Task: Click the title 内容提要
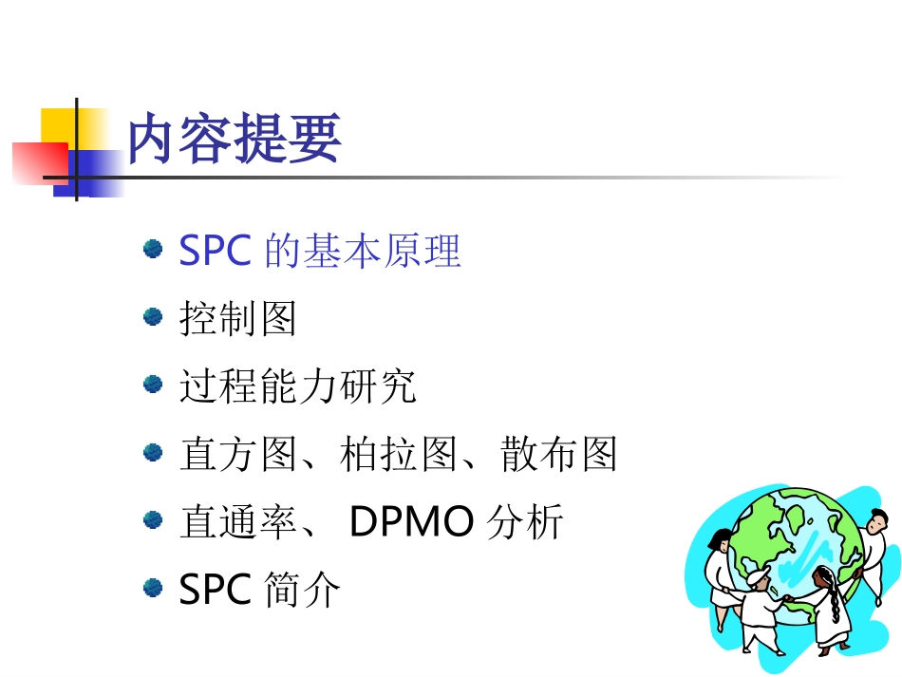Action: point(234,141)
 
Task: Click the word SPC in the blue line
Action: point(215,251)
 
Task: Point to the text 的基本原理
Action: point(363,252)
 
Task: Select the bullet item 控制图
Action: point(237,319)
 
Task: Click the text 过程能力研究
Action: point(297,386)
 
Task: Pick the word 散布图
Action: point(559,454)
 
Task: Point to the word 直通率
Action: point(237,522)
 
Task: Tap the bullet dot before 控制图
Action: point(152,316)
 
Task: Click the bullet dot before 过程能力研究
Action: point(152,384)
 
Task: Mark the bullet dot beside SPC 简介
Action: point(152,588)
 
